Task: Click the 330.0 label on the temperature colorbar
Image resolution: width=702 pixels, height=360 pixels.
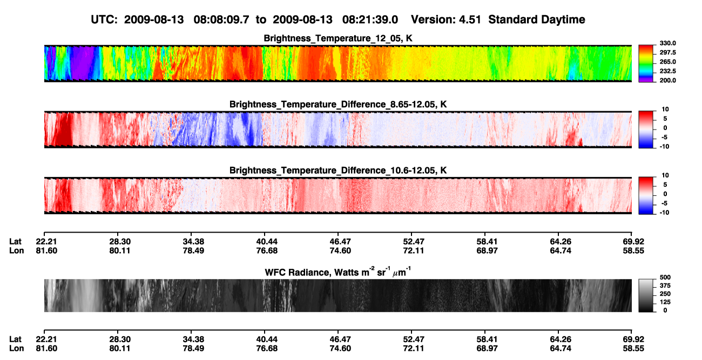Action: tap(667, 43)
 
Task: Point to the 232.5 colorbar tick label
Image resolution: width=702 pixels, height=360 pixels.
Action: tap(667, 71)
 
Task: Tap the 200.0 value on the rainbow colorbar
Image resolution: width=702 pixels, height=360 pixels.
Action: tap(667, 80)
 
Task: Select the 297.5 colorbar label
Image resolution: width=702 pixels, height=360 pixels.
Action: tap(667, 52)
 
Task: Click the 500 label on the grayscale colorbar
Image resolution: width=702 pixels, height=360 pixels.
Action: tap(665, 277)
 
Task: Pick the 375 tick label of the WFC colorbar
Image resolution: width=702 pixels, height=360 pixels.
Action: tap(665, 286)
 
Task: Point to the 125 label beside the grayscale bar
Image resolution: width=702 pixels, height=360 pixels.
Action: tap(665, 302)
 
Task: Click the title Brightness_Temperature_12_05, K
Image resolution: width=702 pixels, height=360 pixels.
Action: tap(338, 38)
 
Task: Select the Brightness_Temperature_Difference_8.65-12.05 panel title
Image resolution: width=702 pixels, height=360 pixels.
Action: tap(338, 104)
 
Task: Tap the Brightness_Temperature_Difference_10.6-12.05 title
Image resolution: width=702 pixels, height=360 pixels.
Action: tap(338, 171)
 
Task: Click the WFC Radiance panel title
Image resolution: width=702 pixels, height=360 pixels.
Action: tap(338, 272)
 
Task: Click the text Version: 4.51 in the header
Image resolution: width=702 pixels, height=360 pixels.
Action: tap(446, 19)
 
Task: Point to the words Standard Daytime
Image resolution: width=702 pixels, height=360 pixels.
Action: tap(537, 20)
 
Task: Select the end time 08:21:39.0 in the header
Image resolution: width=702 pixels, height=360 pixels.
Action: tap(370, 19)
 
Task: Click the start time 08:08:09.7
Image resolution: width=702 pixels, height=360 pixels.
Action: tap(221, 19)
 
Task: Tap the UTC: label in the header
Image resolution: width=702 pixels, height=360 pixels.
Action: tap(104, 19)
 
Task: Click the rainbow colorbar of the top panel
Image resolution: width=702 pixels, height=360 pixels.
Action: tap(646, 64)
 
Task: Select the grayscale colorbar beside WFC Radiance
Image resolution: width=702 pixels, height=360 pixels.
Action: tap(646, 295)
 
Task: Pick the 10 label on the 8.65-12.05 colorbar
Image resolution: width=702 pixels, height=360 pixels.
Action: tap(665, 110)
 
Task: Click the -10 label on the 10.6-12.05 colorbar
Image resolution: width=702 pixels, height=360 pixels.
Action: tap(664, 213)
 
